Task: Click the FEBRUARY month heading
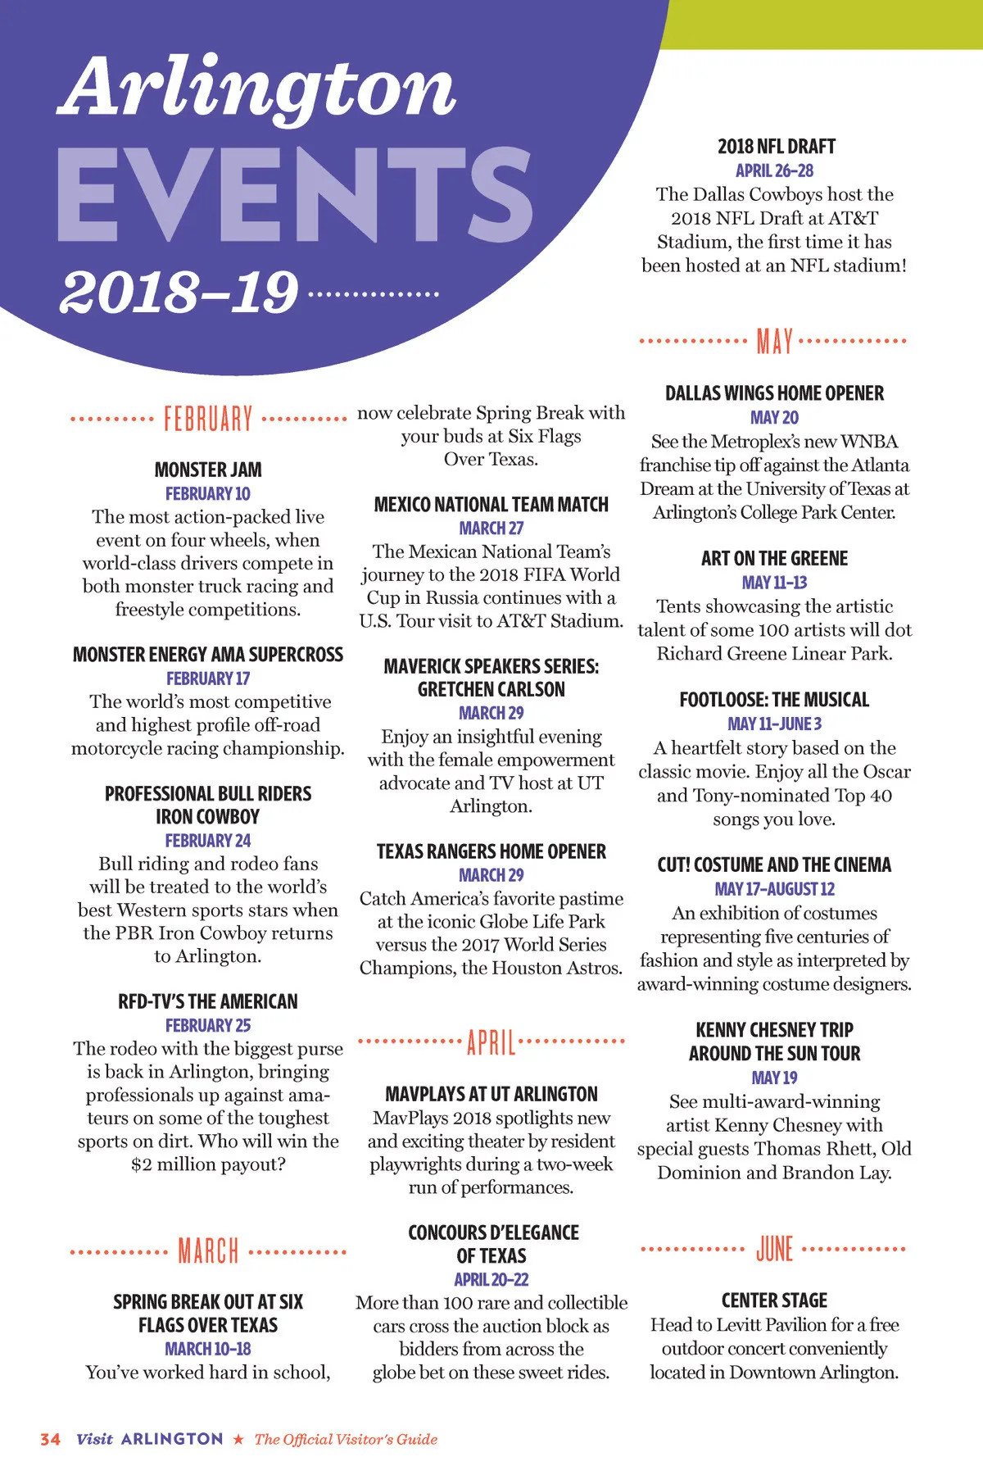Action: click(x=208, y=419)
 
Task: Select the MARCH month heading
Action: click(x=208, y=1251)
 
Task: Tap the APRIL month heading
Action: click(x=491, y=1042)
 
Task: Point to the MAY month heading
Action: click(x=774, y=341)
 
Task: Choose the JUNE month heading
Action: click(x=774, y=1249)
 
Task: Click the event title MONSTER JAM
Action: click(x=208, y=470)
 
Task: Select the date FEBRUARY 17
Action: click(x=208, y=678)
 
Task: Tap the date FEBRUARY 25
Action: click(x=208, y=1025)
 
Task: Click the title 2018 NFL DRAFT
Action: click(x=776, y=147)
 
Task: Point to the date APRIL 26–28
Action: click(x=774, y=170)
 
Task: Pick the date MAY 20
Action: click(x=774, y=417)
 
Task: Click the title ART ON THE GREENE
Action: click(x=774, y=559)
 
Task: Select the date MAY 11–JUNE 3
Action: click(x=774, y=724)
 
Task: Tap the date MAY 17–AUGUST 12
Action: click(x=774, y=888)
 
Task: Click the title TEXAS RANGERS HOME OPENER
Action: click(x=491, y=851)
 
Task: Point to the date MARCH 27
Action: click(x=491, y=528)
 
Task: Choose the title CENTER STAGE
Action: click(x=774, y=1300)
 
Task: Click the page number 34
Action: click(x=50, y=1439)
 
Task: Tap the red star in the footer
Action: click(x=238, y=1439)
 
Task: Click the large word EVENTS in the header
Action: click(x=295, y=197)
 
